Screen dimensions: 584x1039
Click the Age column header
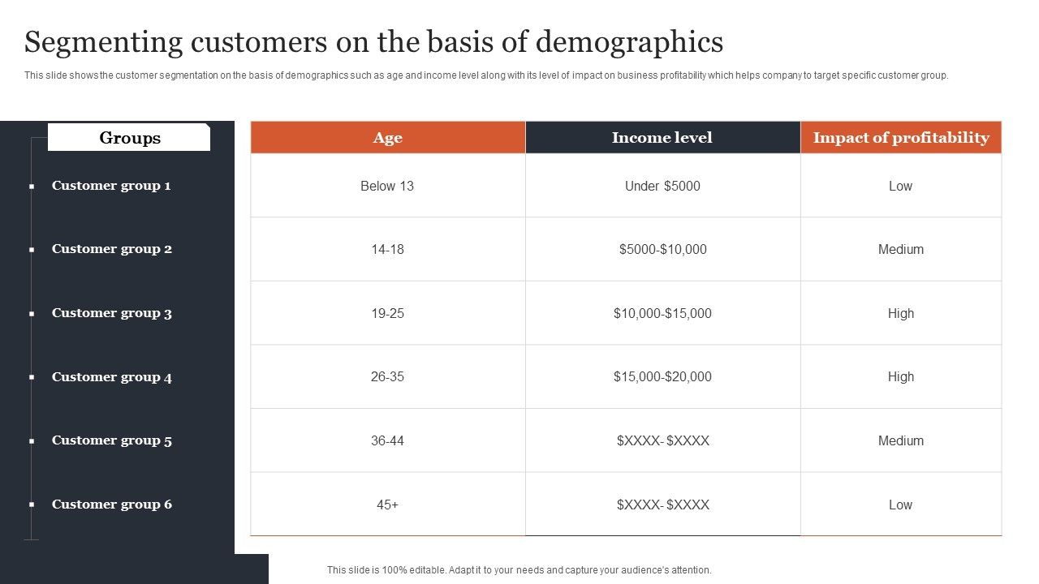(x=387, y=138)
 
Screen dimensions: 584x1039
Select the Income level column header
(x=662, y=138)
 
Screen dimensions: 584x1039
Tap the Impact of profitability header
(x=901, y=138)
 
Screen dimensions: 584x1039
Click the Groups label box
(x=129, y=138)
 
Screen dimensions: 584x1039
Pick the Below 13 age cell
(x=387, y=186)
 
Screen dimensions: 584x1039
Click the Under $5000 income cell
(x=662, y=186)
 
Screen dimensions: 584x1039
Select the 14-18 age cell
(x=387, y=249)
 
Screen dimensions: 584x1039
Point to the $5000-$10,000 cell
(x=662, y=249)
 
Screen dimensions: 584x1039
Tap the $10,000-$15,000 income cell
(x=662, y=313)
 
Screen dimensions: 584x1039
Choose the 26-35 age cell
(x=387, y=376)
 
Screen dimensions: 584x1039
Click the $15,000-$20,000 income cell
(x=662, y=376)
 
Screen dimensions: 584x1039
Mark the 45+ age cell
(x=387, y=505)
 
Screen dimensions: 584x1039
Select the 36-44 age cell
(x=387, y=440)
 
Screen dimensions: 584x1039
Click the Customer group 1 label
(x=111, y=186)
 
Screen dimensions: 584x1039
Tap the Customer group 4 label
(x=112, y=377)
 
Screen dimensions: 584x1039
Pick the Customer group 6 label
(x=112, y=505)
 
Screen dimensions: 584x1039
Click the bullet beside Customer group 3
(x=32, y=314)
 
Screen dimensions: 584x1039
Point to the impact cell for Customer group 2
(x=901, y=249)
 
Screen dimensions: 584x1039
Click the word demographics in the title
(x=630, y=41)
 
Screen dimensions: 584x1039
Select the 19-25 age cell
(x=387, y=313)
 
